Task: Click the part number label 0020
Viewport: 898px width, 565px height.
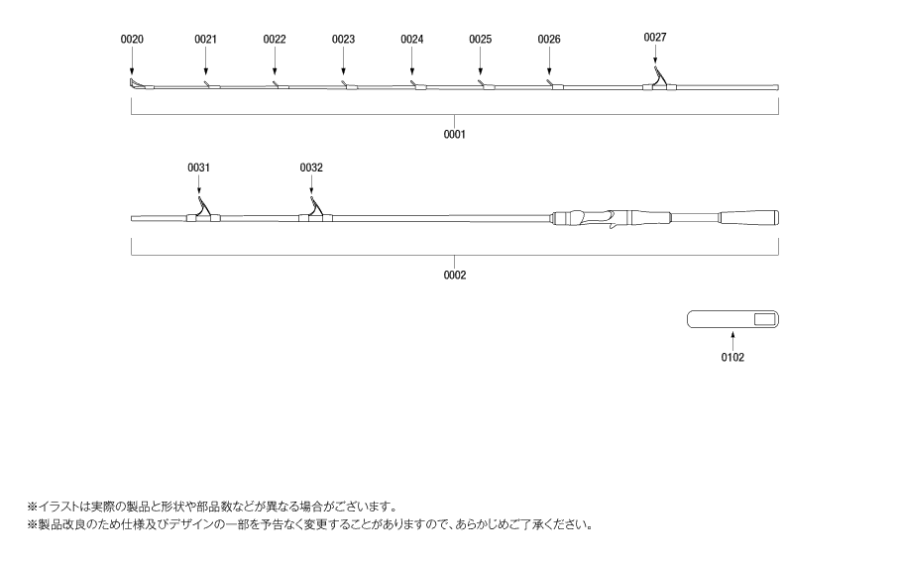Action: tap(132, 39)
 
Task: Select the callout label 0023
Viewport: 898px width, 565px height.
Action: tap(343, 39)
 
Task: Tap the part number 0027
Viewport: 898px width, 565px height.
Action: tap(654, 37)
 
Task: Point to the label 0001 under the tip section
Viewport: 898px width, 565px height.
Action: tap(454, 134)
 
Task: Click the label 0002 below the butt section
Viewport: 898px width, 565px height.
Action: tap(454, 275)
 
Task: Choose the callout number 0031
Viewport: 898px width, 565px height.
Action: tap(198, 168)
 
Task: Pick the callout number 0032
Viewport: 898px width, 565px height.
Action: tap(311, 168)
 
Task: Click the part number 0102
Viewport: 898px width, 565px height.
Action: tap(732, 358)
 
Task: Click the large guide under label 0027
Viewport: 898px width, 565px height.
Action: tap(659, 80)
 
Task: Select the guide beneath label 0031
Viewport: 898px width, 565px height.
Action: tap(203, 210)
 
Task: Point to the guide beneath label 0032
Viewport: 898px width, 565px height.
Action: tap(315, 210)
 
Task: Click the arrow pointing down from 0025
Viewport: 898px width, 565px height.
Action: tap(481, 60)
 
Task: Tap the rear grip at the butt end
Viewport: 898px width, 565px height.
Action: tap(749, 218)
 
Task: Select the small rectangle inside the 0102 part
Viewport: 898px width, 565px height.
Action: tap(764, 319)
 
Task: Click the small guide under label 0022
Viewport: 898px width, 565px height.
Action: tap(281, 86)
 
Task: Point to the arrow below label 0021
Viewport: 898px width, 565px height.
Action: tap(205, 60)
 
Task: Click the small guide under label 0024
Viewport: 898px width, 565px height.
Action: tap(418, 86)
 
